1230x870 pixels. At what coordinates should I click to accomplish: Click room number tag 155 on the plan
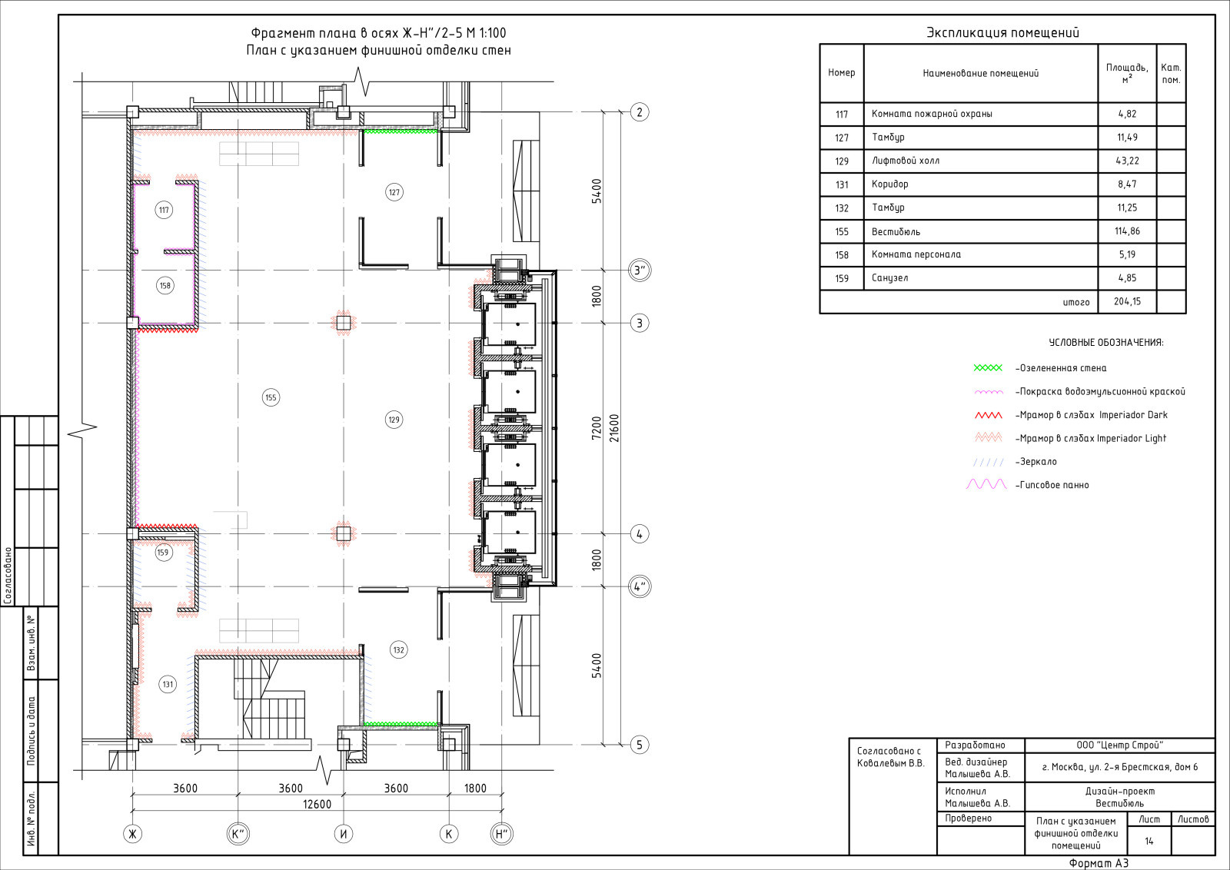(x=271, y=397)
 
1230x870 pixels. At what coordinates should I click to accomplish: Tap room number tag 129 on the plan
(x=394, y=420)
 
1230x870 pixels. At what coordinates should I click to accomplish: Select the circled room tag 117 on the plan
(x=164, y=210)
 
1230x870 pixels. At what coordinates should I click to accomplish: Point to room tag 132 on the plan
(x=398, y=650)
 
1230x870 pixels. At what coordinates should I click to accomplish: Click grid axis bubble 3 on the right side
(x=639, y=323)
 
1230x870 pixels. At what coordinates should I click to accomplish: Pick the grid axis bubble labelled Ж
(x=132, y=834)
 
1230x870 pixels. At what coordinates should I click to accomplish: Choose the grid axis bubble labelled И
(x=343, y=834)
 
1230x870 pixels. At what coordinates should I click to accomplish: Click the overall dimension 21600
(x=614, y=428)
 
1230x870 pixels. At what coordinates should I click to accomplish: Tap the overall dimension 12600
(x=317, y=804)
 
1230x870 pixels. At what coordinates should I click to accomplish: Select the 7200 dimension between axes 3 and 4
(x=597, y=428)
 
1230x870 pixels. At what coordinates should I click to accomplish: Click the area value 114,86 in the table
(x=1127, y=231)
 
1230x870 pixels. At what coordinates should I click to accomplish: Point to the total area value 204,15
(x=1127, y=301)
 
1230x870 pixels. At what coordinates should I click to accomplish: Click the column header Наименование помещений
(x=980, y=73)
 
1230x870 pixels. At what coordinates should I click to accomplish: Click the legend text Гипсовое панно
(x=1052, y=485)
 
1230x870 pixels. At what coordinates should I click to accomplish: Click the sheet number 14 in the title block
(x=1149, y=841)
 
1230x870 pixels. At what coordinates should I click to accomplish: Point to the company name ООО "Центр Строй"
(x=1119, y=745)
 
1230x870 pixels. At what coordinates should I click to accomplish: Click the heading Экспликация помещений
(x=1002, y=32)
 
